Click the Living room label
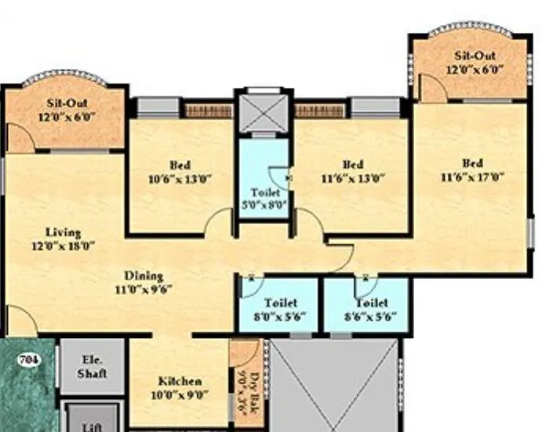pos(63,233)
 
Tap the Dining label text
pos(144,275)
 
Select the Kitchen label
pos(180,381)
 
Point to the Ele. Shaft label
pos(92,368)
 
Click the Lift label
pos(92,427)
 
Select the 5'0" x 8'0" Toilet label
pos(265,198)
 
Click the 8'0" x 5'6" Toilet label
pos(279,309)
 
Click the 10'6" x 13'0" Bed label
pos(180,171)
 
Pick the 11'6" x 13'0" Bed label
pos(352,171)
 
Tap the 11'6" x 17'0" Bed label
pos(472,169)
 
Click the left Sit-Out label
pos(67,109)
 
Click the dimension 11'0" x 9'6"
pos(144,288)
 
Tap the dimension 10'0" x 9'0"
pos(180,395)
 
